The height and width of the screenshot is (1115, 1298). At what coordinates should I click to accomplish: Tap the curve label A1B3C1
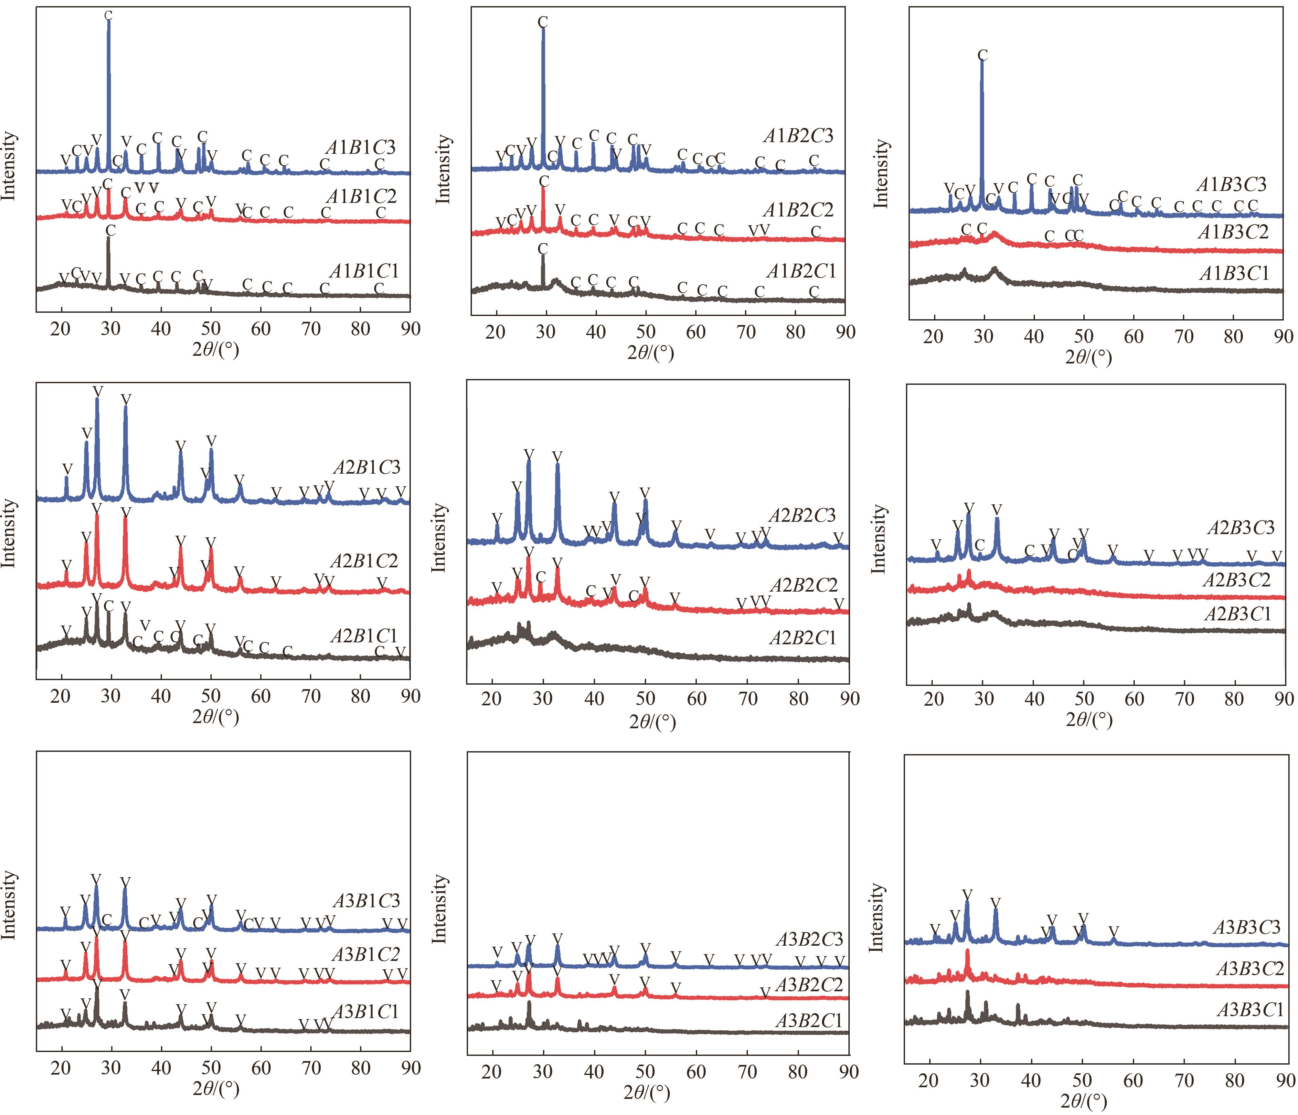1234,274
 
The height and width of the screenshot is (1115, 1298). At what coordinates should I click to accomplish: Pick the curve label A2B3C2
1237,580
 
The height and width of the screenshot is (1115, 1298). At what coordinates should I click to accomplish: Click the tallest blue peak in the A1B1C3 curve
108,25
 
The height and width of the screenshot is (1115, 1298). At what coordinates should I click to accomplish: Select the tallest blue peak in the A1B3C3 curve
982,66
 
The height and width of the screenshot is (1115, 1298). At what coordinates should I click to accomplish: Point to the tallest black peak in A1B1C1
109,241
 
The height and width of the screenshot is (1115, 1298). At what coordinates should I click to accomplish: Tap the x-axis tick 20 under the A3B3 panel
928,1080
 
